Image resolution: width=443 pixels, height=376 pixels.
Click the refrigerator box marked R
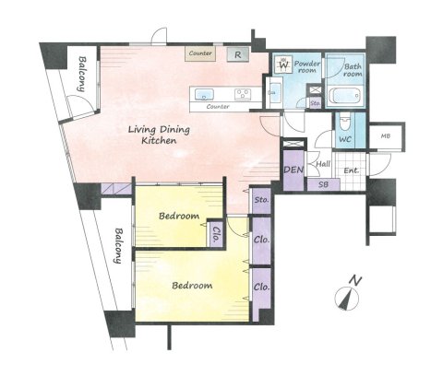click(x=238, y=54)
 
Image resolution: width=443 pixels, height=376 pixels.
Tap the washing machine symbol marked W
click(x=284, y=65)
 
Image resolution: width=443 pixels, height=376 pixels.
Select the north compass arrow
click(x=347, y=299)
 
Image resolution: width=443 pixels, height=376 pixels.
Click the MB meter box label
click(x=386, y=135)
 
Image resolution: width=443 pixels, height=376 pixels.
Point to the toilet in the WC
click(x=345, y=122)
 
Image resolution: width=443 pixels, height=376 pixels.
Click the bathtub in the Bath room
click(x=344, y=96)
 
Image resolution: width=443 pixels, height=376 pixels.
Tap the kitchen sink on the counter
click(x=204, y=94)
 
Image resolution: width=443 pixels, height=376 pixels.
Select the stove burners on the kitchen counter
click(x=243, y=94)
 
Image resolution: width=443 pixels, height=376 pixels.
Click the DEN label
click(x=293, y=170)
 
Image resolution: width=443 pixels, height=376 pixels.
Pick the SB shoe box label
click(x=323, y=184)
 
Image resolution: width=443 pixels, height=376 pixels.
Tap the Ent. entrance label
click(x=352, y=170)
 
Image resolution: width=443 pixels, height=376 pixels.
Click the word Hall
click(x=323, y=164)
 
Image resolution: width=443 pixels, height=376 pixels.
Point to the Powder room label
click(x=307, y=66)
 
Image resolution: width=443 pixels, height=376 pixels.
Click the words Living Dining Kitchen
click(x=159, y=135)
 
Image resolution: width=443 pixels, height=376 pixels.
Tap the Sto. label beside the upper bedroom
click(x=262, y=200)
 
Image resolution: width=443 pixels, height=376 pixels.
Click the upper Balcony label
click(x=81, y=74)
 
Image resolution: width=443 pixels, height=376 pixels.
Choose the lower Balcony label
click(x=117, y=246)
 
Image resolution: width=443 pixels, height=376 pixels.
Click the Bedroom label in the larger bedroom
click(x=192, y=286)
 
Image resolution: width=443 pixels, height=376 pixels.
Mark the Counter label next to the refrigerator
click(x=200, y=53)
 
